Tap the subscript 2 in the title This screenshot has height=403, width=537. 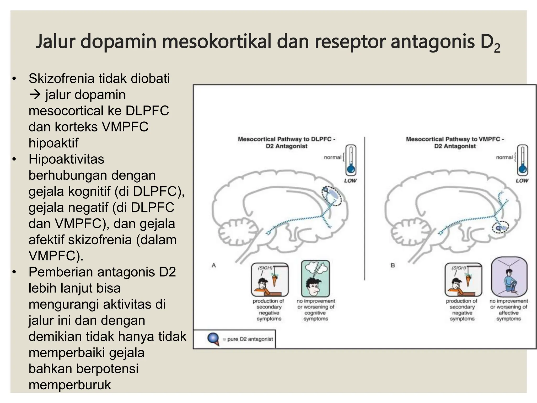point(497,48)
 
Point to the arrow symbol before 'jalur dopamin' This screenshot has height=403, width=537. point(35,94)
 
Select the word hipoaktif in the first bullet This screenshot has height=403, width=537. point(53,143)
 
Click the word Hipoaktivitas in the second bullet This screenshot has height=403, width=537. point(66,159)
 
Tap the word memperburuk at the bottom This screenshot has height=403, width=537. point(70,385)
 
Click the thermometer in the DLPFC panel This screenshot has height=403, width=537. point(351,160)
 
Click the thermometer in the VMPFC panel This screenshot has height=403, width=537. point(523,160)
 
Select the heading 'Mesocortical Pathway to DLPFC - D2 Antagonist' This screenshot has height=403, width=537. point(287,142)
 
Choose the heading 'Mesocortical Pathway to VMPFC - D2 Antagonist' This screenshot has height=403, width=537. point(455,142)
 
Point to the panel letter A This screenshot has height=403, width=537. point(214,266)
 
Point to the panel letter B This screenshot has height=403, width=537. point(393,266)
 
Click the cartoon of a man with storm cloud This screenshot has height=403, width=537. point(315,278)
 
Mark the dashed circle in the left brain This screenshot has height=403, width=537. point(332,196)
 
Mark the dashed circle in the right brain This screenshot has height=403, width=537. point(500,227)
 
